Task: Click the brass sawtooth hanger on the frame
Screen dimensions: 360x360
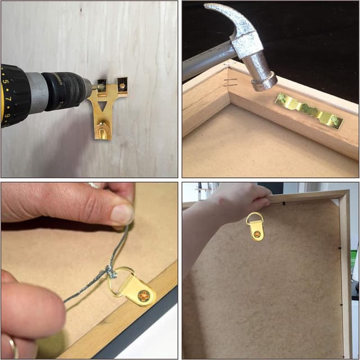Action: click(x=308, y=111)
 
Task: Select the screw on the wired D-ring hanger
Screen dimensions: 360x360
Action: click(x=144, y=295)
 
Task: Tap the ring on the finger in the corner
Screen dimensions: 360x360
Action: click(x=12, y=346)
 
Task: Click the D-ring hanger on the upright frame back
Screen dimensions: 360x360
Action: click(x=256, y=226)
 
